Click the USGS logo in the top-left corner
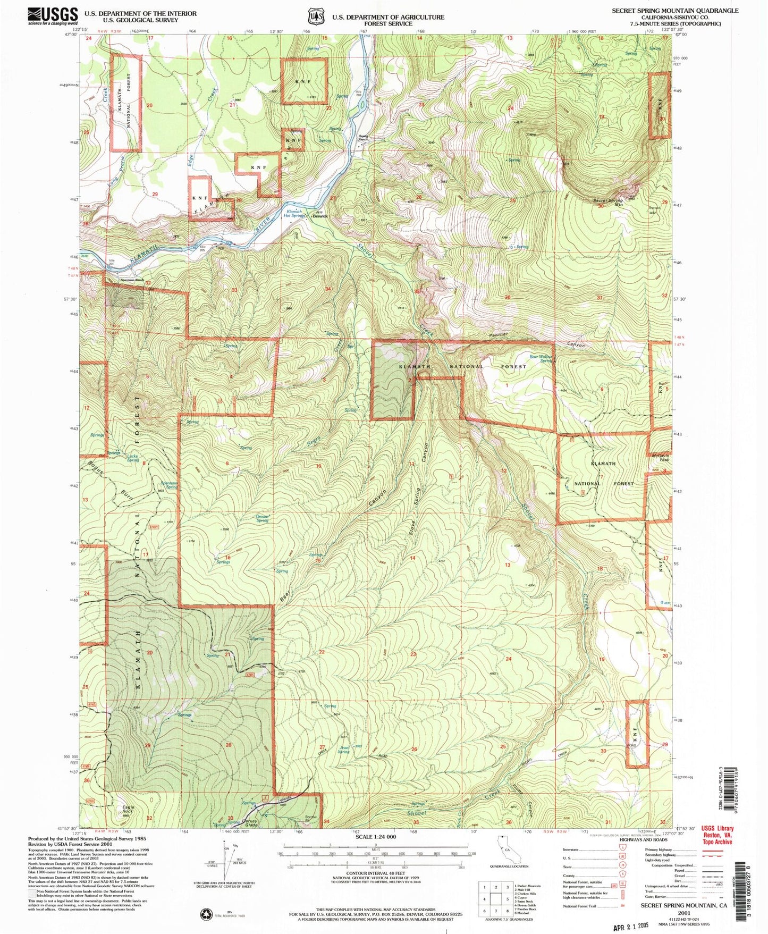click(x=53, y=16)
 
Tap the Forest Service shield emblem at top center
click(x=317, y=16)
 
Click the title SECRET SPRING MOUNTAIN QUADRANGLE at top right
click(x=674, y=11)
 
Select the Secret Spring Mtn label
click(x=608, y=203)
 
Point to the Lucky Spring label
click(x=133, y=458)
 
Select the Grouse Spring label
click(x=262, y=518)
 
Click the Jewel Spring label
click(x=344, y=750)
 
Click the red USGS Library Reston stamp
click(x=717, y=835)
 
